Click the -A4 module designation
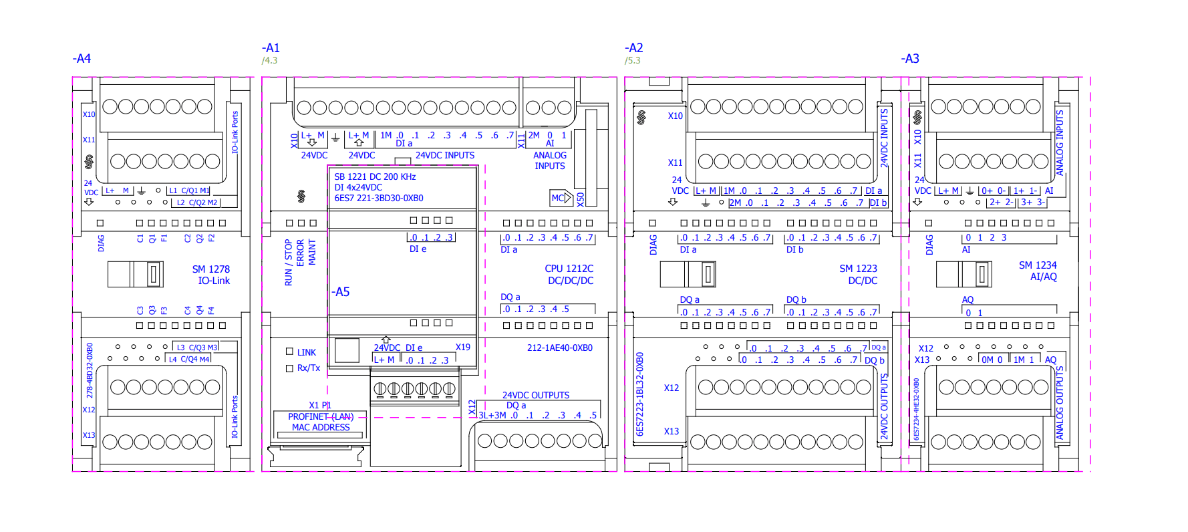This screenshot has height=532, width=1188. click(x=82, y=59)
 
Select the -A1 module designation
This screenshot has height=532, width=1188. click(x=271, y=48)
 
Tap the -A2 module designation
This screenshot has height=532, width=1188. click(x=633, y=48)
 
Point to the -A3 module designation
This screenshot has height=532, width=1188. click(x=910, y=59)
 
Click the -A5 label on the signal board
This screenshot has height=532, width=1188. click(x=341, y=292)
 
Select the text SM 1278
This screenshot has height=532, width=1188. click(x=210, y=269)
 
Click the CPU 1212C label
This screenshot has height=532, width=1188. click(x=569, y=269)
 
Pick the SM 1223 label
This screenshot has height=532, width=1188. click(x=858, y=269)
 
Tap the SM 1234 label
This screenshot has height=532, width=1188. click(x=1038, y=265)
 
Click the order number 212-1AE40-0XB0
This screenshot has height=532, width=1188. click(x=559, y=348)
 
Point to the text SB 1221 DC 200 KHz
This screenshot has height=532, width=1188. click(x=375, y=177)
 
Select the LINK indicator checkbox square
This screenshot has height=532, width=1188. click(x=290, y=352)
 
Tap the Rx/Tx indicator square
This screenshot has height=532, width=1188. click(x=290, y=368)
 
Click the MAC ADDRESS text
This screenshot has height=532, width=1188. click(x=321, y=428)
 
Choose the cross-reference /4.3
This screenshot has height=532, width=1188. click(x=269, y=61)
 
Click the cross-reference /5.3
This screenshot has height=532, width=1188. click(x=632, y=61)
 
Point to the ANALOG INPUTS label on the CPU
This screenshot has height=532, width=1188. click(x=549, y=160)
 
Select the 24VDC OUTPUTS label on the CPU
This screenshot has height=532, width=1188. click(x=536, y=396)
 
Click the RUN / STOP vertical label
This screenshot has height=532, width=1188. click(x=289, y=263)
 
